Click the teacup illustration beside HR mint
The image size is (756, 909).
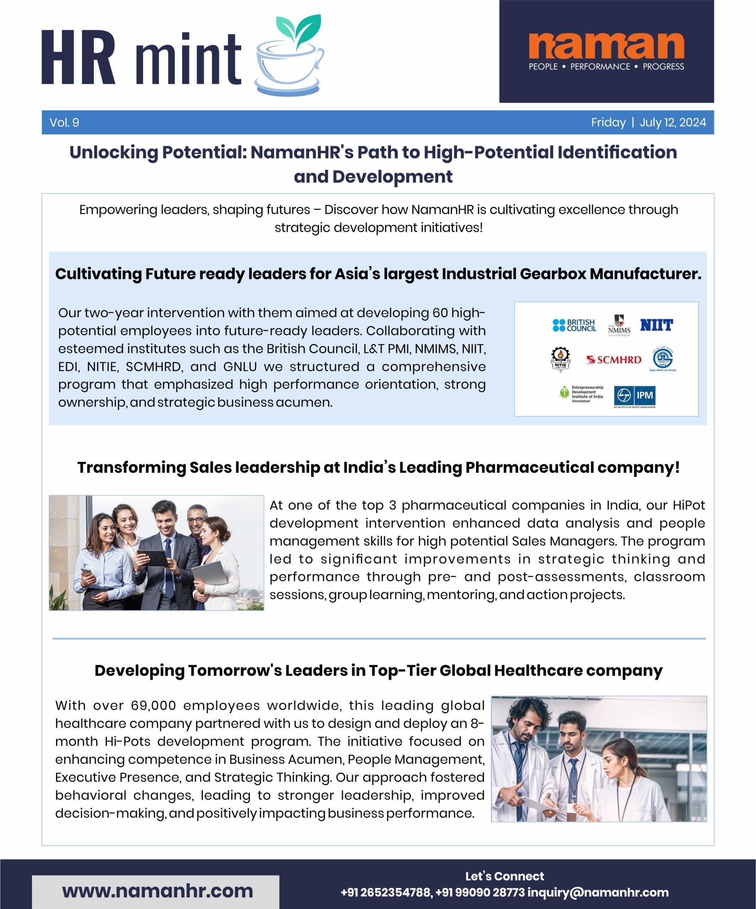point(289,59)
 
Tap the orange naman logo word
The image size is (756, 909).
point(606,45)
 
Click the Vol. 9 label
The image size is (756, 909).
point(64,123)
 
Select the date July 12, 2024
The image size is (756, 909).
point(673,123)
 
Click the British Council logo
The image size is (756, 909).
point(574,325)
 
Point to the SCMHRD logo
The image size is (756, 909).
point(614,360)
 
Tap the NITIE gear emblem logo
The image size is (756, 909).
point(560,360)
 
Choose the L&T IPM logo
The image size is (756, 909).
point(634,396)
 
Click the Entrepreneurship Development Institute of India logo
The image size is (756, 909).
point(581,394)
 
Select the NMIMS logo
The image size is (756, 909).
point(619,326)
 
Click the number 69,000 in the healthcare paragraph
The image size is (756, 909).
point(153,706)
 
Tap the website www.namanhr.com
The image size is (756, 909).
point(158,891)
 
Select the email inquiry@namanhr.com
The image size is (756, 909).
point(598,893)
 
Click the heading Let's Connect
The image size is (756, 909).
point(504,876)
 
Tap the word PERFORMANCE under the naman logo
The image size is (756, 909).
point(600,67)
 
